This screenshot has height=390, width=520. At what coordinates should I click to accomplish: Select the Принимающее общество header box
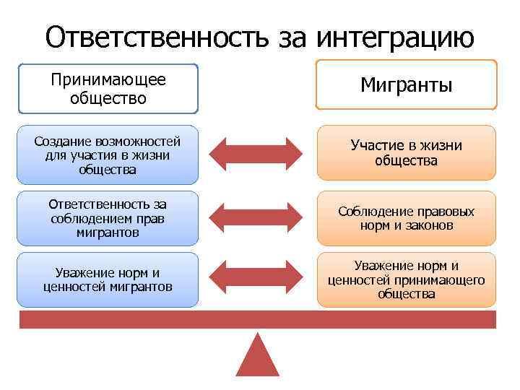pyautogui.click(x=108, y=88)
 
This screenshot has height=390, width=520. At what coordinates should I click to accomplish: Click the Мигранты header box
pyautogui.click(x=407, y=85)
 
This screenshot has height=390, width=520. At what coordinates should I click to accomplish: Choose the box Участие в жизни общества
pyautogui.click(x=407, y=153)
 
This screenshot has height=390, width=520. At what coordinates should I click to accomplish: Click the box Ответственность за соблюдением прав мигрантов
pyautogui.click(x=108, y=219)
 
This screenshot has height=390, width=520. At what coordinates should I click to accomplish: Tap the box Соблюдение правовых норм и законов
pyautogui.click(x=407, y=219)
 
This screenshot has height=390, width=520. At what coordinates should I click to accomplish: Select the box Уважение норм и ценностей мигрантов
pyautogui.click(x=108, y=279)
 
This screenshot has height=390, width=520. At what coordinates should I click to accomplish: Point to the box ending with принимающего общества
pyautogui.click(x=407, y=279)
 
